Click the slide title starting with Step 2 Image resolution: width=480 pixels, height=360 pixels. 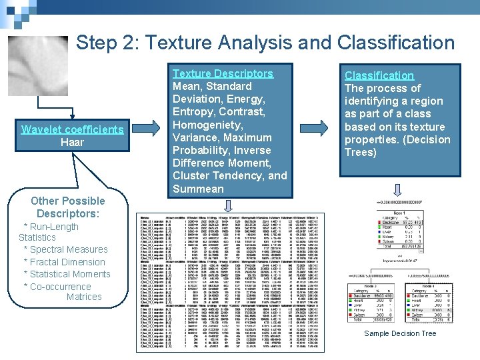tap(265, 43)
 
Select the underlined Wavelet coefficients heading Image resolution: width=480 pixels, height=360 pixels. tap(72, 129)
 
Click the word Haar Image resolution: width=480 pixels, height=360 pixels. tap(72, 142)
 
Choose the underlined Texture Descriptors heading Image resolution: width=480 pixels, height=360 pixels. tap(223, 73)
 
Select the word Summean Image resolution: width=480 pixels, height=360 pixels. tap(198, 189)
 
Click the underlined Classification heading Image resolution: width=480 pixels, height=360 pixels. tap(379, 76)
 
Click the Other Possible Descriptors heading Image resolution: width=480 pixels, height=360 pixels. tap(68, 207)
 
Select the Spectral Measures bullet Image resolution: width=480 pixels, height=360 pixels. tap(65, 249)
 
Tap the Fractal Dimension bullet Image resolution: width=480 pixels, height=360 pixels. tap(64, 262)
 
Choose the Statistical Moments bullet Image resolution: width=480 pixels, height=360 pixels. tap(67, 274)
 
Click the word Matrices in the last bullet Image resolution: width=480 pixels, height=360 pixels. tap(84, 297)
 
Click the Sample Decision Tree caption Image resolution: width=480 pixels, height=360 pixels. tap(400, 333)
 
